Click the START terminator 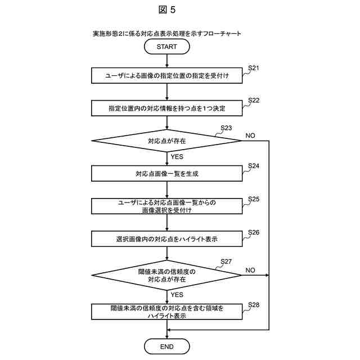(166, 47)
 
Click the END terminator (166, 345)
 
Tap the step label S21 (254, 68)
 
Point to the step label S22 (254, 100)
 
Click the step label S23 (226, 128)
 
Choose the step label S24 (254, 166)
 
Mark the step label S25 (254, 200)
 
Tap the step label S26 (254, 232)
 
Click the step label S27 (226, 262)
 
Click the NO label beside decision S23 (250, 136)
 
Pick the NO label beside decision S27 (250, 271)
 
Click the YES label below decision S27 (177, 294)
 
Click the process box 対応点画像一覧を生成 (166, 174)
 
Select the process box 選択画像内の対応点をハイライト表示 (166, 239)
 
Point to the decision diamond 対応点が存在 (166, 141)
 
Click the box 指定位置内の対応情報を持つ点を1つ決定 (166, 108)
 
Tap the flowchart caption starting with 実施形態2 (166, 34)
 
